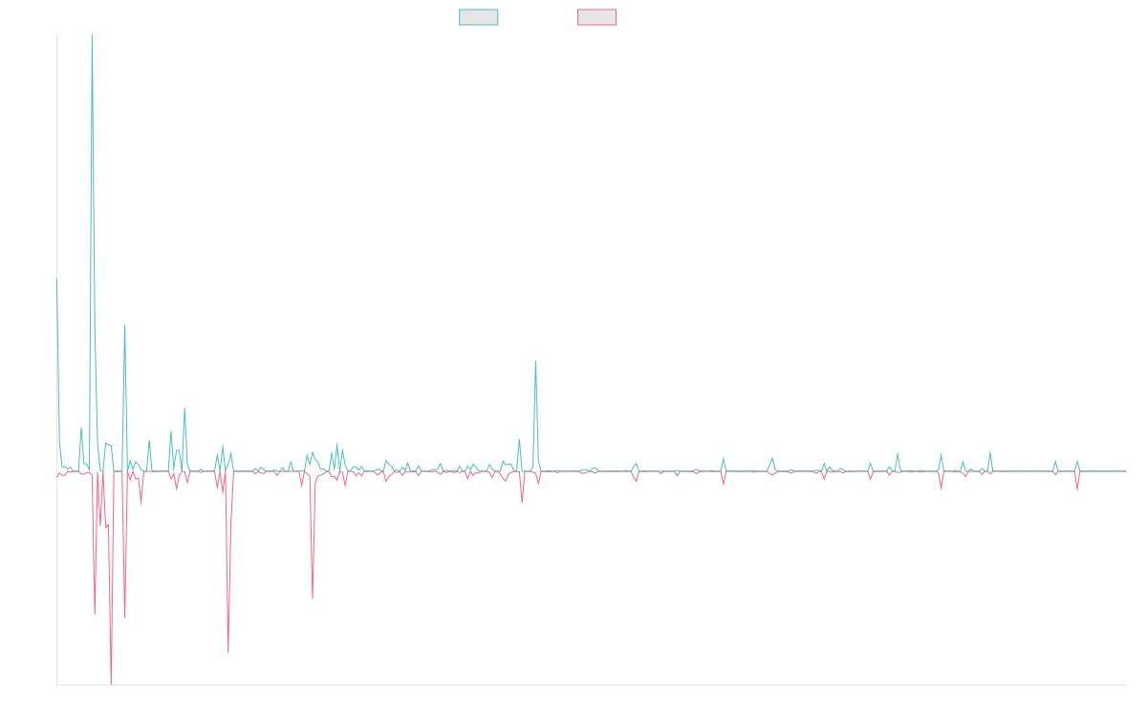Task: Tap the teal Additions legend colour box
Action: click(x=479, y=17)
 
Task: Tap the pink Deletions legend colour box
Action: click(x=596, y=17)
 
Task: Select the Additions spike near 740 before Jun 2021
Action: click(x=535, y=362)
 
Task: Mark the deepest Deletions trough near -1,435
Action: click(x=112, y=683)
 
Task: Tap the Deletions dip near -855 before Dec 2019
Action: click(x=313, y=597)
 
